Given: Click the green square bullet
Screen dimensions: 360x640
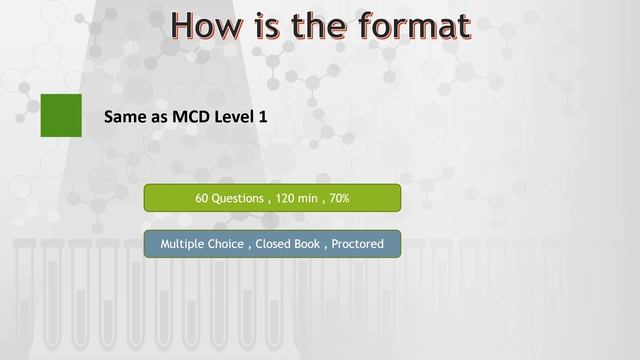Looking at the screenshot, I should [61, 116].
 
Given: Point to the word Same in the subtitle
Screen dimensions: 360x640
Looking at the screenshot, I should [124, 118].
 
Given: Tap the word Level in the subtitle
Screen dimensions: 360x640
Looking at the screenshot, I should [242, 118].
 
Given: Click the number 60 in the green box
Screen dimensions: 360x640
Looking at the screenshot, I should [202, 198].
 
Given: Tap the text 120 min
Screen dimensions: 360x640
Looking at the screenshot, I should [297, 198].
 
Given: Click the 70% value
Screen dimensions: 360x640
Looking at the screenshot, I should [339, 198].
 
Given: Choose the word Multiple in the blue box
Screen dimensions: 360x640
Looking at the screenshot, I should [182, 244].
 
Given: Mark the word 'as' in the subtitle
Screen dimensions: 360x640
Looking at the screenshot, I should [159, 118].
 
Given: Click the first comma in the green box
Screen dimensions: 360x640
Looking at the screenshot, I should [269, 200].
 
